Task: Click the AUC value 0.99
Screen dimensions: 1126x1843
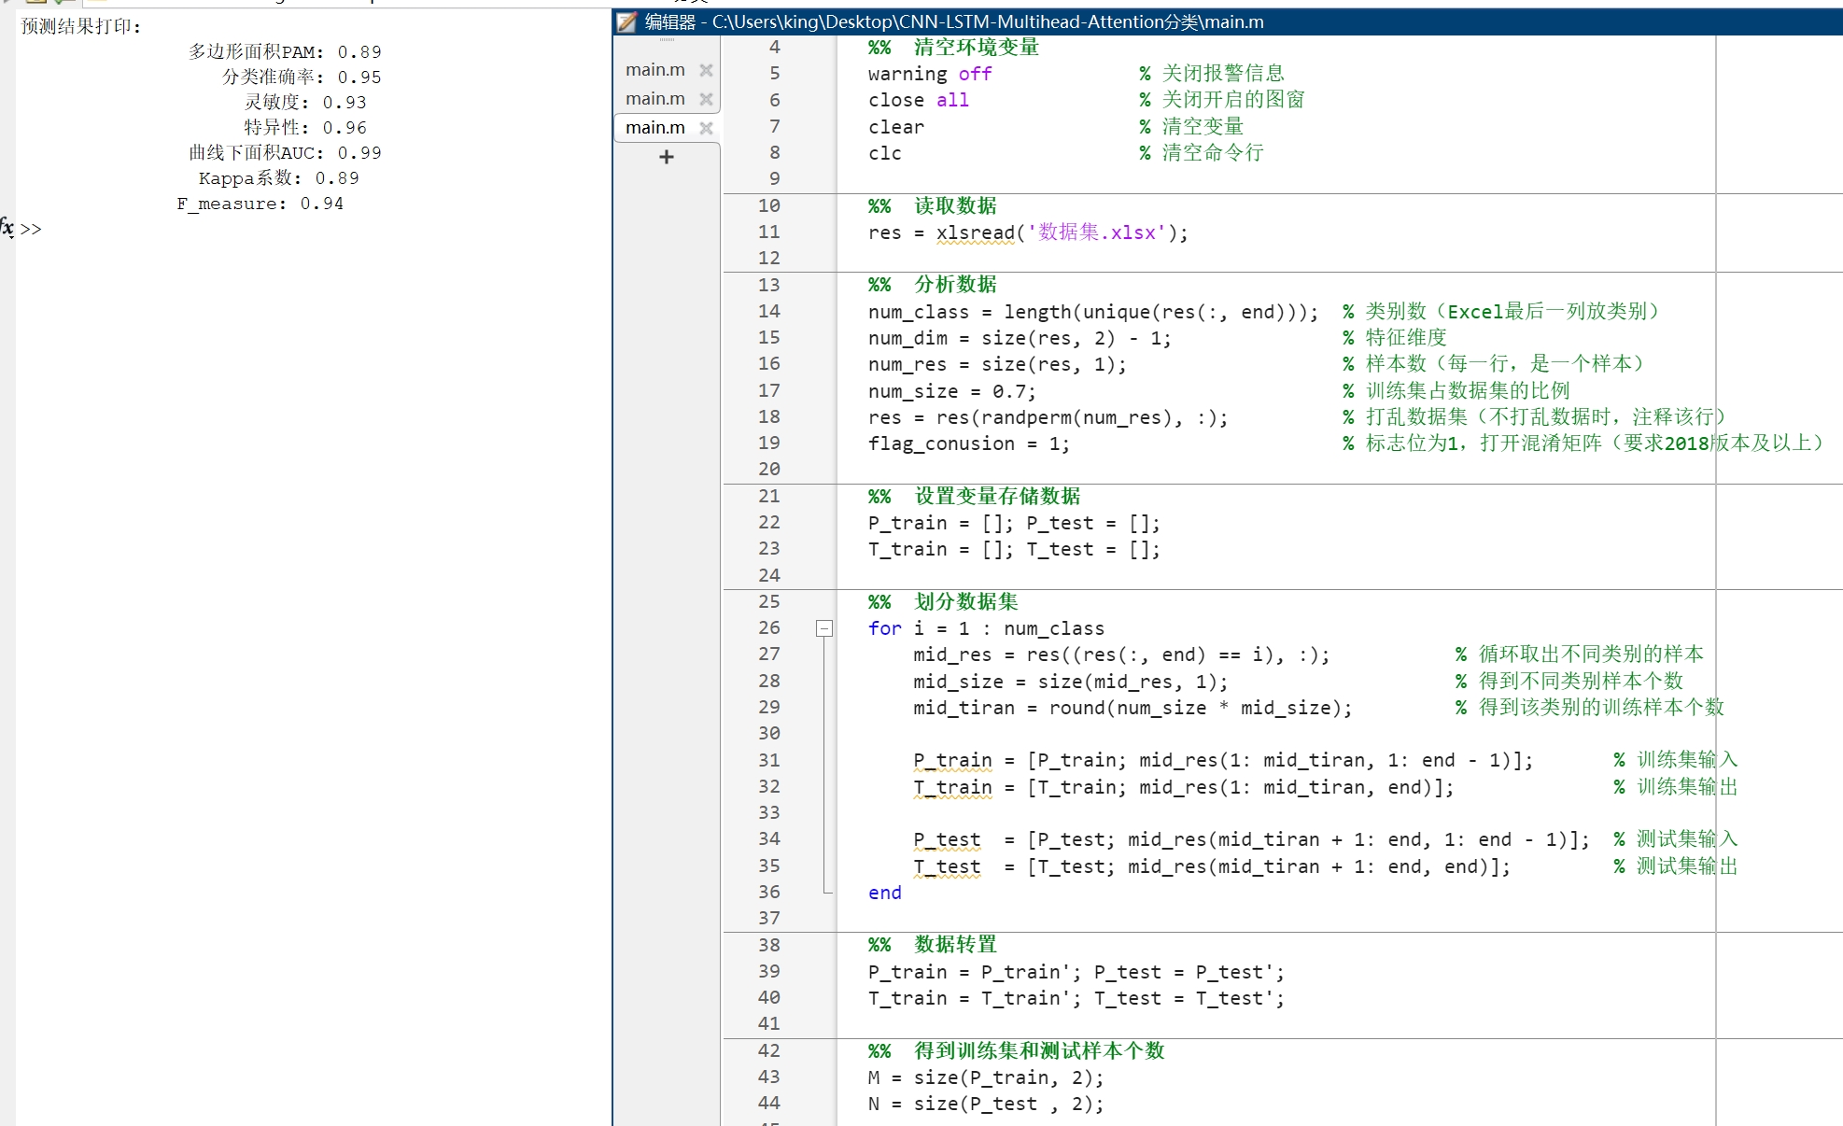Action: (x=359, y=153)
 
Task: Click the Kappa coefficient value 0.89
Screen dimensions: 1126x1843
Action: (x=337, y=178)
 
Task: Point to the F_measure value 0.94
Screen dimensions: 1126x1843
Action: (x=322, y=204)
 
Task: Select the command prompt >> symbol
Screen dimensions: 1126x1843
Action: (x=31, y=230)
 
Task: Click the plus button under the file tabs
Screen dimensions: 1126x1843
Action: (x=666, y=157)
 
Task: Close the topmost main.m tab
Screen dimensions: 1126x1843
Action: (x=706, y=70)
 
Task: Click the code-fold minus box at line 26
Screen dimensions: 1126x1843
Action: (x=823, y=628)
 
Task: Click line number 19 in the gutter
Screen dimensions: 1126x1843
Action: (x=768, y=443)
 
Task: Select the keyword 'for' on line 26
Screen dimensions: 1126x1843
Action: (x=884, y=628)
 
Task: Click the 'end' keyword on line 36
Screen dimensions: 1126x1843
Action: (x=884, y=893)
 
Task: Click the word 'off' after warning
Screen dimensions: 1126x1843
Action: (x=975, y=74)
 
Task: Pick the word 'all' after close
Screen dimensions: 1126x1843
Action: (x=952, y=100)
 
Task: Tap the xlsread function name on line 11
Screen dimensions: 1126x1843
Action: (x=976, y=232)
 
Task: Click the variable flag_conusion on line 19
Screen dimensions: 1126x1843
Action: (x=941, y=443)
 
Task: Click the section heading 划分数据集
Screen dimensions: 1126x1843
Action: (x=965, y=602)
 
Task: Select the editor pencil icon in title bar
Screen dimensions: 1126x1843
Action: (x=626, y=21)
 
